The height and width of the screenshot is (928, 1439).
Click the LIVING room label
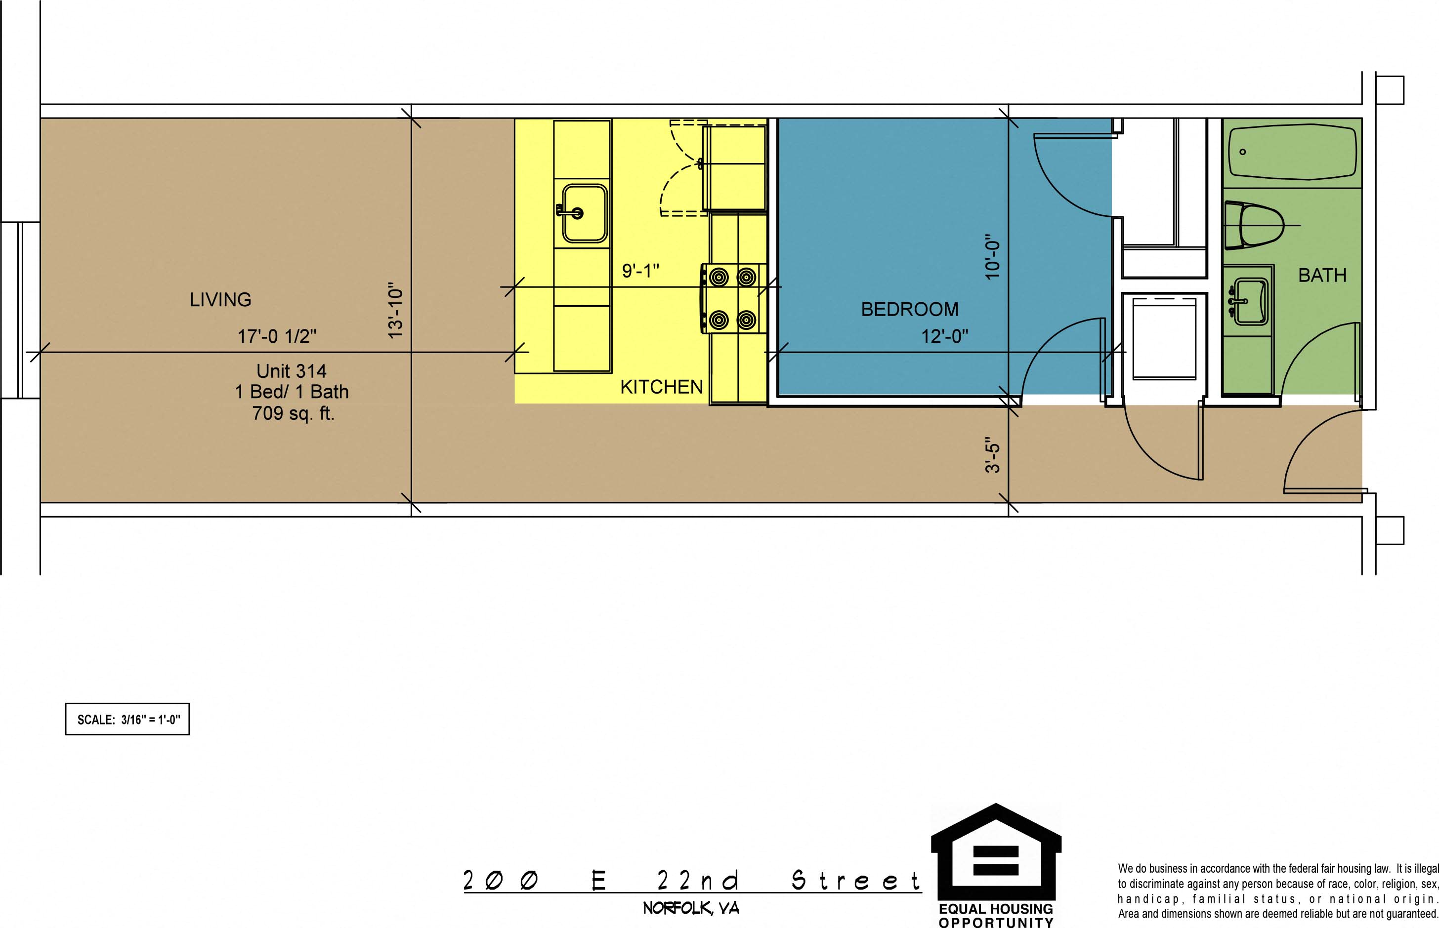click(x=220, y=299)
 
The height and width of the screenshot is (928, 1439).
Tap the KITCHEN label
click(x=661, y=387)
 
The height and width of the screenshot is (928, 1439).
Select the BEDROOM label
click(x=910, y=309)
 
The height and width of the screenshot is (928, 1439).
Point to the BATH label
click(x=1322, y=276)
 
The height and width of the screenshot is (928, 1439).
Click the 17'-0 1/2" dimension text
click(x=277, y=336)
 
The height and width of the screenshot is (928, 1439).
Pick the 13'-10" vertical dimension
click(x=395, y=310)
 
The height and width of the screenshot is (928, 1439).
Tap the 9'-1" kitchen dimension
click(x=640, y=271)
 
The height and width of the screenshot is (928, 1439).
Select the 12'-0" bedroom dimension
click(x=945, y=336)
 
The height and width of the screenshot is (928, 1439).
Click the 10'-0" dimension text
click(x=993, y=256)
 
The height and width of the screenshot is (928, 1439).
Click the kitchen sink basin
click(x=584, y=213)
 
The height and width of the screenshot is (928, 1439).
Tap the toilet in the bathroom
click(x=1253, y=225)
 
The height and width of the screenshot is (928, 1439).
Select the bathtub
click(x=1293, y=152)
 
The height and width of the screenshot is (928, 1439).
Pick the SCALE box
click(x=127, y=719)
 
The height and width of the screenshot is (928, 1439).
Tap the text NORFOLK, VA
click(x=691, y=908)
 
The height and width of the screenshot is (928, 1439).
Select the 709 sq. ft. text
click(x=293, y=413)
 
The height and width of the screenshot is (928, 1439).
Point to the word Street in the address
click(x=855, y=881)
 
